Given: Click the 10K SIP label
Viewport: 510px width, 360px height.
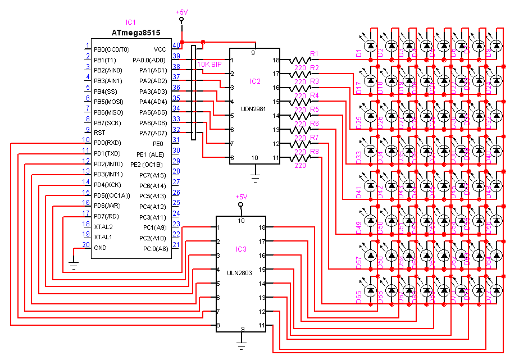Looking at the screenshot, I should (210, 64).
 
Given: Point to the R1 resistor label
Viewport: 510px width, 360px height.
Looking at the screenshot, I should (315, 54).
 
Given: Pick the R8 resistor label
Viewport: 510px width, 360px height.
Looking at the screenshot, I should (315, 152).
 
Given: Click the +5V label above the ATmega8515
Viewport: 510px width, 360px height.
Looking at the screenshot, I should (181, 11).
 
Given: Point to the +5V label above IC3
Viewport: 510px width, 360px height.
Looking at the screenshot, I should (241, 197).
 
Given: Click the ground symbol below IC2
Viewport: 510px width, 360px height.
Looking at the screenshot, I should (256, 179).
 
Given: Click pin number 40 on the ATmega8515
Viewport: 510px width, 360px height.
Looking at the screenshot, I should (176, 45).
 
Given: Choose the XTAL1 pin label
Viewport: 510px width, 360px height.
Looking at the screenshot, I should (103, 237).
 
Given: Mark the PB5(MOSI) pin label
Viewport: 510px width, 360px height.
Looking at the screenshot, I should (108, 102).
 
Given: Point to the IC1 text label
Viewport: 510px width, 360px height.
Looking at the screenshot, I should (131, 22).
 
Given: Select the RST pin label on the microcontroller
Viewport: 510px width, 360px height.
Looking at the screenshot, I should (99, 133).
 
